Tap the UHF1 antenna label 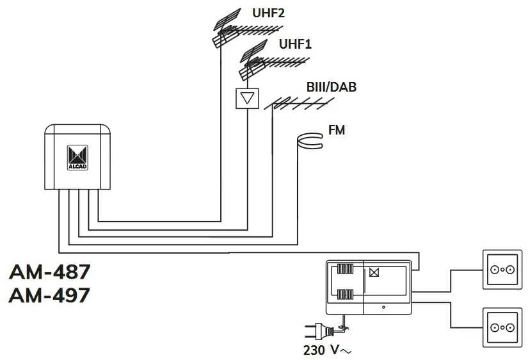click(x=295, y=44)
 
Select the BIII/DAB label click(x=331, y=87)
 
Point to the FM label click(x=337, y=130)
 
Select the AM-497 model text click(x=50, y=296)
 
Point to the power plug click(x=317, y=332)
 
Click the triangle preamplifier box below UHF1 click(x=247, y=98)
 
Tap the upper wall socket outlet click(x=501, y=270)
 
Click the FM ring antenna click(x=312, y=140)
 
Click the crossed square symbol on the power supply click(x=374, y=272)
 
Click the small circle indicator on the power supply click(x=383, y=308)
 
